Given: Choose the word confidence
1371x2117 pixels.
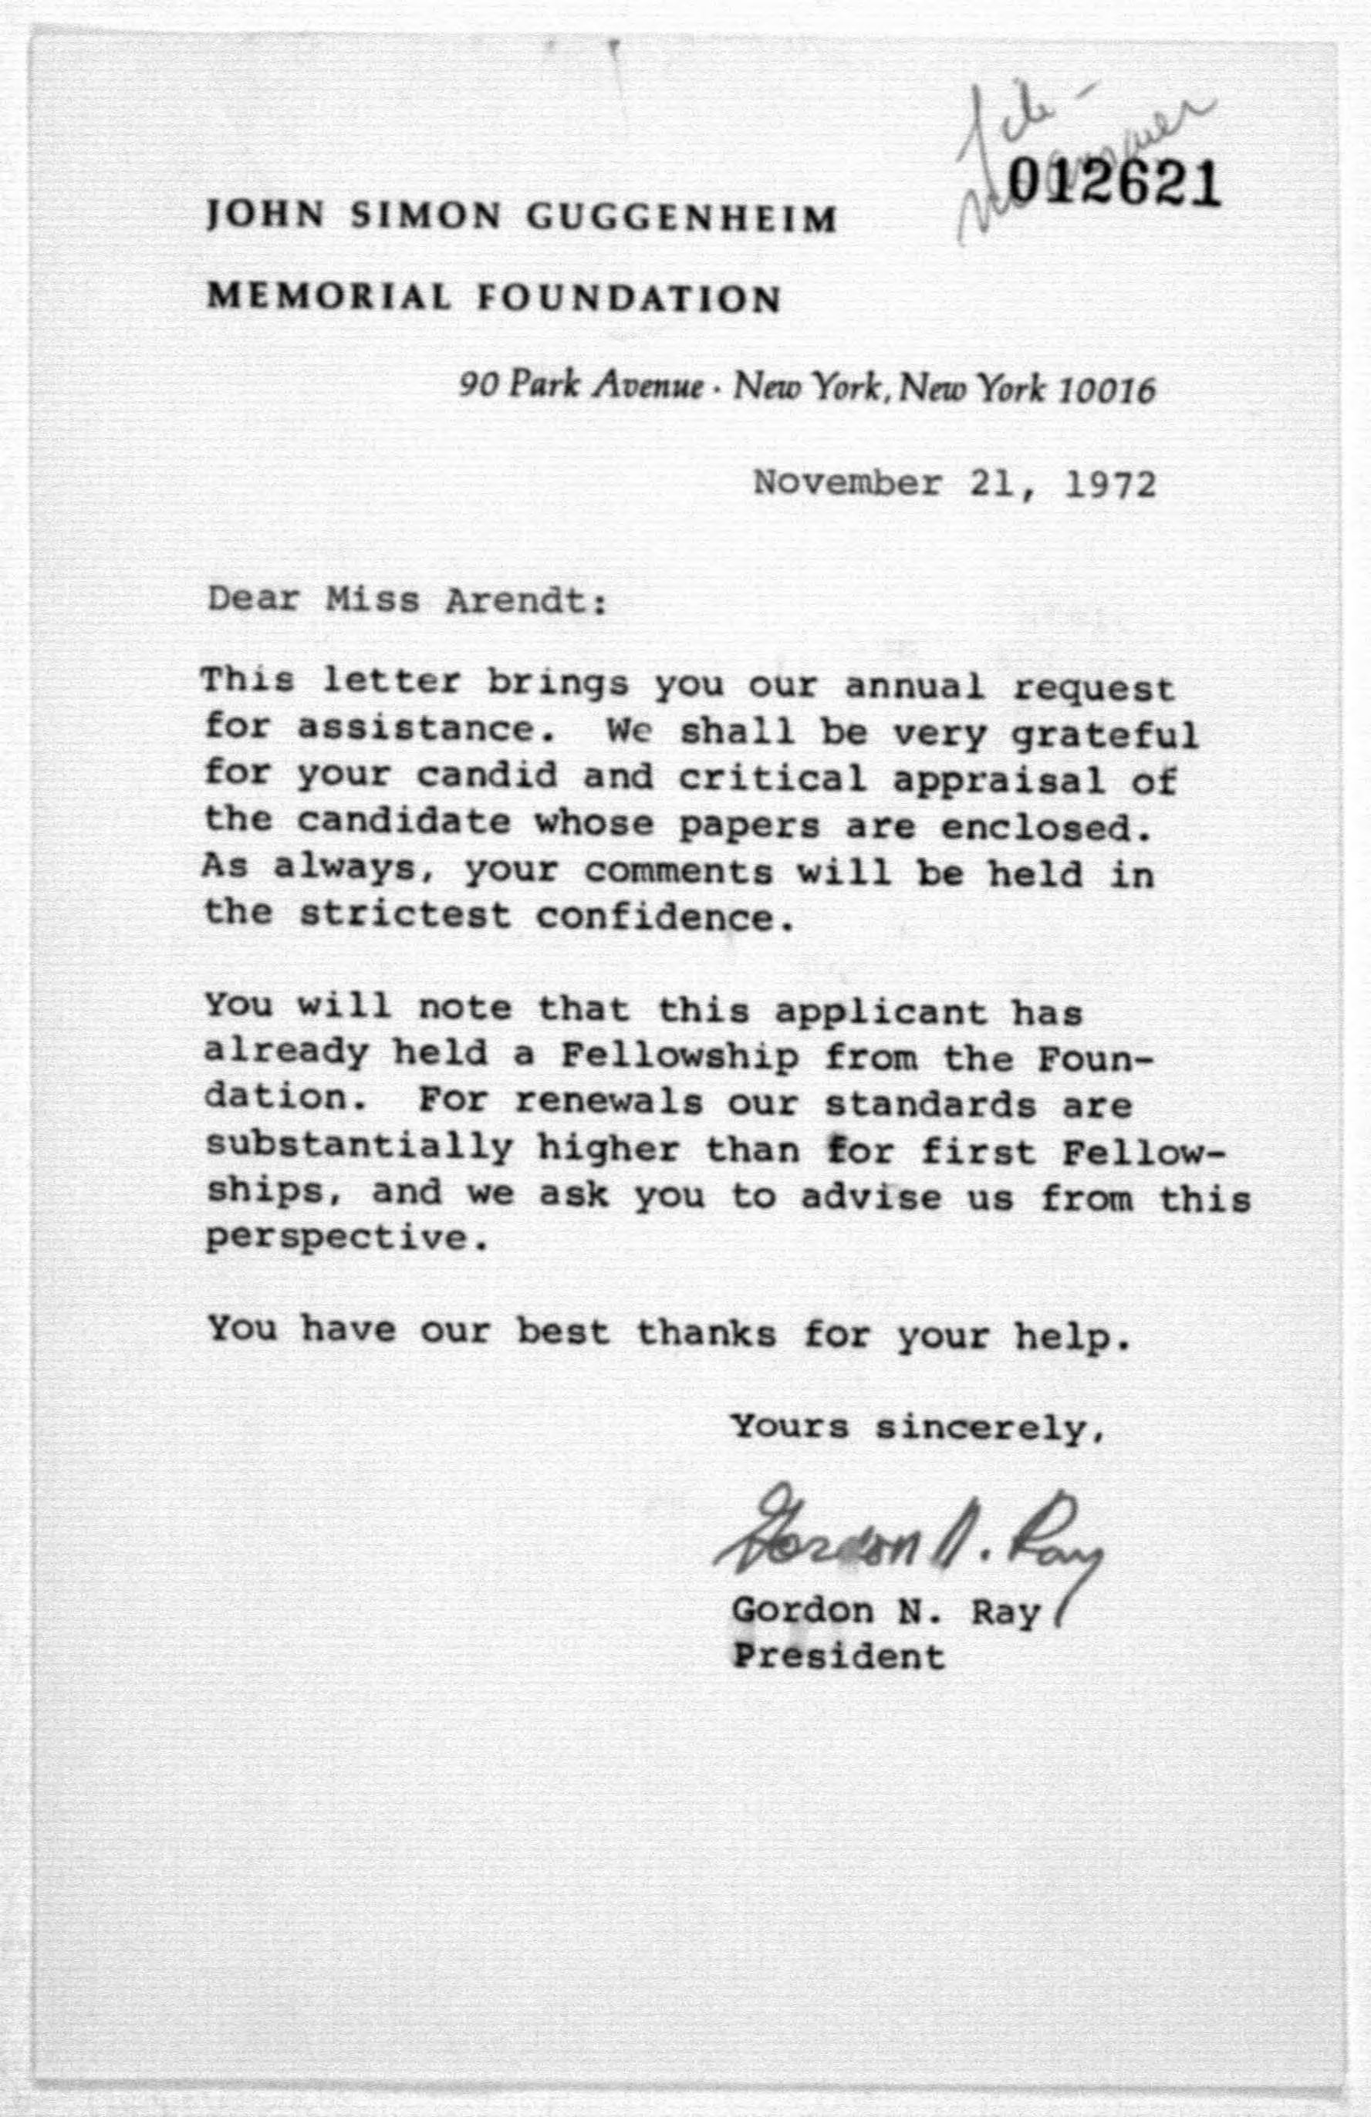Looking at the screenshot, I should pos(663,917).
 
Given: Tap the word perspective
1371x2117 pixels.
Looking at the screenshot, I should pos(346,1239).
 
